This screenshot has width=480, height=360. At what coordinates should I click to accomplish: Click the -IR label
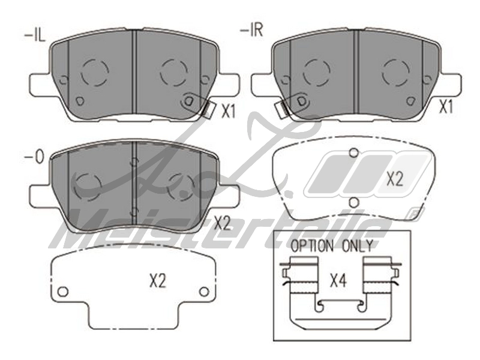[x=251, y=31]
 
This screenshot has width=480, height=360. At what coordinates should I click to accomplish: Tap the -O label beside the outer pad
[x=34, y=157]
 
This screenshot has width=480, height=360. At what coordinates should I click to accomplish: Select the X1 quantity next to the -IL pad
[x=229, y=112]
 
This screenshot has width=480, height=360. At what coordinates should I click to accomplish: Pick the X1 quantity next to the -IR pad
[x=446, y=107]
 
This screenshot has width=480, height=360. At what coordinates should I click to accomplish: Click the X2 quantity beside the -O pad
[x=222, y=224]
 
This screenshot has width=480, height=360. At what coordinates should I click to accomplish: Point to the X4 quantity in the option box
[x=338, y=281]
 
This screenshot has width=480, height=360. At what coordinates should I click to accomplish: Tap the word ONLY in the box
[x=357, y=246]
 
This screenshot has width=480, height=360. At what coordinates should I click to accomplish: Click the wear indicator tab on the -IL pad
[x=207, y=109]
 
